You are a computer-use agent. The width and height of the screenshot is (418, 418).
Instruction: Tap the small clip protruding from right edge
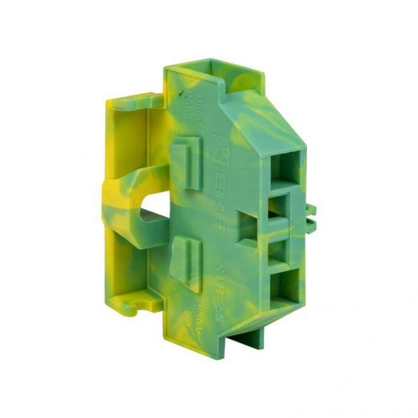click(310, 212)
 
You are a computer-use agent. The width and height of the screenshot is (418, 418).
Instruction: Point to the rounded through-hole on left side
click(153, 211)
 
